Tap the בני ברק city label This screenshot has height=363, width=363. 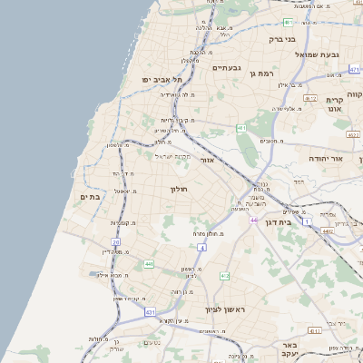tap(283, 39)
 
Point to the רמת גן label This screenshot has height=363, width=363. tap(259, 73)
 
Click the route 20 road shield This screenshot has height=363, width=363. tap(115, 242)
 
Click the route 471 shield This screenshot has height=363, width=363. tap(288, 22)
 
